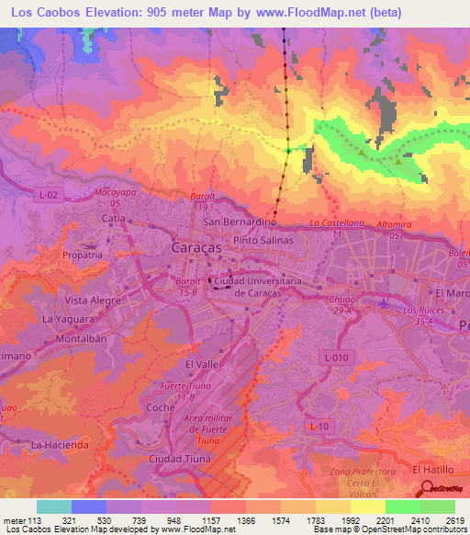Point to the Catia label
tap(113, 219)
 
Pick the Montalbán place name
tap(81, 338)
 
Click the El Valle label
tap(201, 364)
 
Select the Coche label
tap(160, 406)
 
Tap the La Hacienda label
tap(60, 445)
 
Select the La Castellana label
tap(337, 223)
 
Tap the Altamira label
tap(396, 224)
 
